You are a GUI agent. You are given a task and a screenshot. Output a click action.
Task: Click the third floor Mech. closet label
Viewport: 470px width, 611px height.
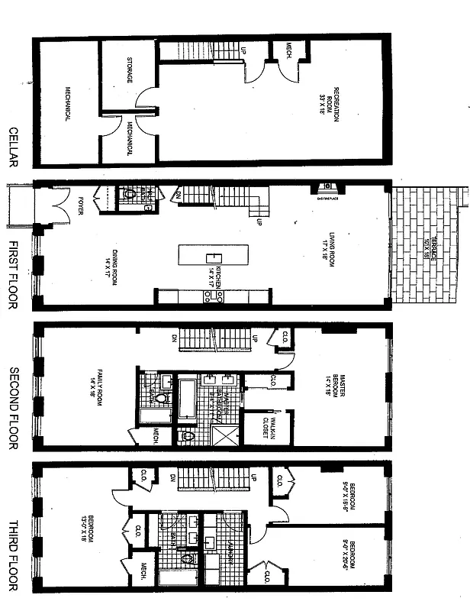pyautogui.click(x=143, y=571)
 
